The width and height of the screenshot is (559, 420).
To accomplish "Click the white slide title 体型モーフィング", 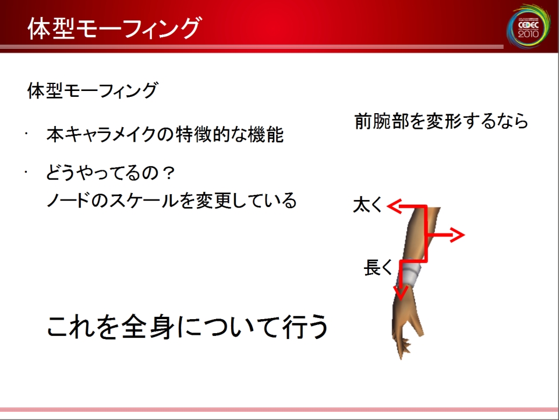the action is click(x=114, y=27).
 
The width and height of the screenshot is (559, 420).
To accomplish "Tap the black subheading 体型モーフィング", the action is click(x=93, y=90).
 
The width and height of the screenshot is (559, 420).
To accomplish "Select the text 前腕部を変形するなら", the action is click(x=441, y=121).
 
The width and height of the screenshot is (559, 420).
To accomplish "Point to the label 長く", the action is click(x=378, y=268).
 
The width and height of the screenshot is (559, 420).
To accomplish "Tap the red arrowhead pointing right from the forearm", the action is click(x=457, y=235).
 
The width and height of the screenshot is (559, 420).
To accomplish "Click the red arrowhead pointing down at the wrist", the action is click(x=401, y=293).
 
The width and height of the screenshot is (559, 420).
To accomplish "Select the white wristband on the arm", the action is click(x=410, y=273).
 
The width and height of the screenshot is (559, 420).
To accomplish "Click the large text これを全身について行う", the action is click(x=187, y=326).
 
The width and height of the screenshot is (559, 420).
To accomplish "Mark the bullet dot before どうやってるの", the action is click(x=26, y=171).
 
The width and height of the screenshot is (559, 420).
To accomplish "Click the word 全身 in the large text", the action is click(x=147, y=326).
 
